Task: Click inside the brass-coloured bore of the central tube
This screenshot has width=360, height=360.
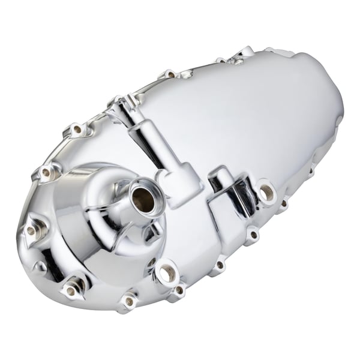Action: pyautogui.click(x=141, y=199)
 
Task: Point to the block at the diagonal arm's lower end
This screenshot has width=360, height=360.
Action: pyautogui.click(x=180, y=185)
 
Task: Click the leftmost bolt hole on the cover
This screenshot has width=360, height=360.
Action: pyautogui.click(x=31, y=230)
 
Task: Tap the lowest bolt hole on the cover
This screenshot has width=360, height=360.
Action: pyautogui.click(x=128, y=301)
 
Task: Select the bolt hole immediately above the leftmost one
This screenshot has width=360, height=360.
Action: pyautogui.click(x=46, y=173)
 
